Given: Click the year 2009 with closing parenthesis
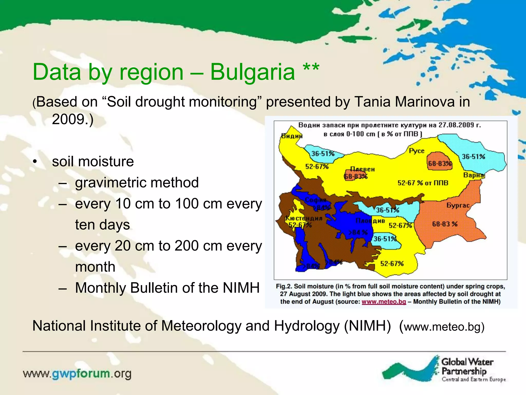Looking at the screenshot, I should click(72, 119).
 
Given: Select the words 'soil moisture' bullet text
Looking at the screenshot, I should click(93, 161).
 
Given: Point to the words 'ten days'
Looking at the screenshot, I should click(102, 225).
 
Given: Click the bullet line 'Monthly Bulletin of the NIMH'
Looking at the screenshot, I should click(167, 288).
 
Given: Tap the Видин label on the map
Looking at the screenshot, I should click(292, 136).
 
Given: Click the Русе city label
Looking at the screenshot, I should click(416, 151).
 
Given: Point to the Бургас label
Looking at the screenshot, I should click(458, 205).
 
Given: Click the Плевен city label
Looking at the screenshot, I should click(362, 169).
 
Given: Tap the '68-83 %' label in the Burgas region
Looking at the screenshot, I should click(445, 224).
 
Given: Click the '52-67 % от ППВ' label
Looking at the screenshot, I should click(423, 183).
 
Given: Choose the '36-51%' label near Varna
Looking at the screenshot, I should click(473, 157).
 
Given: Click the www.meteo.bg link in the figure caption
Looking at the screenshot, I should click(384, 301).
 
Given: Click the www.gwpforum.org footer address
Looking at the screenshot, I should click(77, 374).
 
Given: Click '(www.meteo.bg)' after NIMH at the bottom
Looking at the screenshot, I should click(442, 327).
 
